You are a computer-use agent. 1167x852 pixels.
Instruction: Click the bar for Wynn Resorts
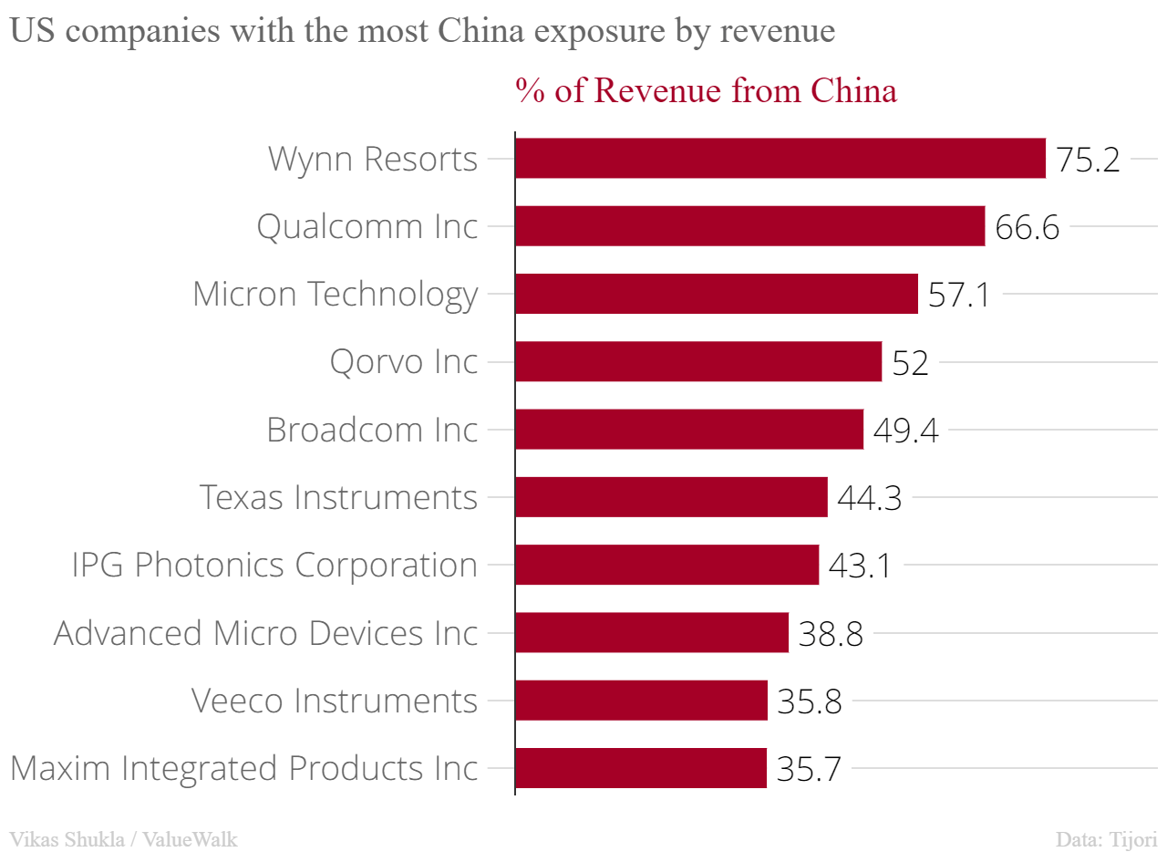point(780,159)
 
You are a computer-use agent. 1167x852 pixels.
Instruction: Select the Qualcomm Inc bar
point(749,226)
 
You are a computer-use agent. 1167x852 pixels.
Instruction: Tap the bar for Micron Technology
point(716,294)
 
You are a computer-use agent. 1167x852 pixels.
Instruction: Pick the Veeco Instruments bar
point(641,701)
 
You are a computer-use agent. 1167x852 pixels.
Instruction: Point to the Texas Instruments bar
point(671,497)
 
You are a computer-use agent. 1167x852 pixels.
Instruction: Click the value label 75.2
point(1088,160)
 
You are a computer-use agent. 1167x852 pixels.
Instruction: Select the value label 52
point(910,363)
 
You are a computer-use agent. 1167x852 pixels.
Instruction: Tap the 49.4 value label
point(905,431)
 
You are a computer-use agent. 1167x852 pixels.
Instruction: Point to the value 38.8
point(831,634)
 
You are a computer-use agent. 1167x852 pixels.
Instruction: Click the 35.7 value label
point(809,769)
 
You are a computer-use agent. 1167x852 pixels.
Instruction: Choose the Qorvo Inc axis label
point(404,362)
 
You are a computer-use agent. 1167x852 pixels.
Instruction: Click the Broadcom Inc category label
point(372,430)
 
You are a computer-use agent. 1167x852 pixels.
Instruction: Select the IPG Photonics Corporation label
point(274,565)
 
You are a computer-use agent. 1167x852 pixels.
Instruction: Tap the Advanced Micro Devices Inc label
point(265,632)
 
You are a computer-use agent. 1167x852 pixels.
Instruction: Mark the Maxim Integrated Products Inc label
point(243,767)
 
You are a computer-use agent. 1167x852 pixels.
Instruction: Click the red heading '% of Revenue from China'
point(706,90)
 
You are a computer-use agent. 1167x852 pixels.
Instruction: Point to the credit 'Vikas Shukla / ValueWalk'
point(123,839)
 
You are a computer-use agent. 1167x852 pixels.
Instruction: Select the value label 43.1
point(860,566)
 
